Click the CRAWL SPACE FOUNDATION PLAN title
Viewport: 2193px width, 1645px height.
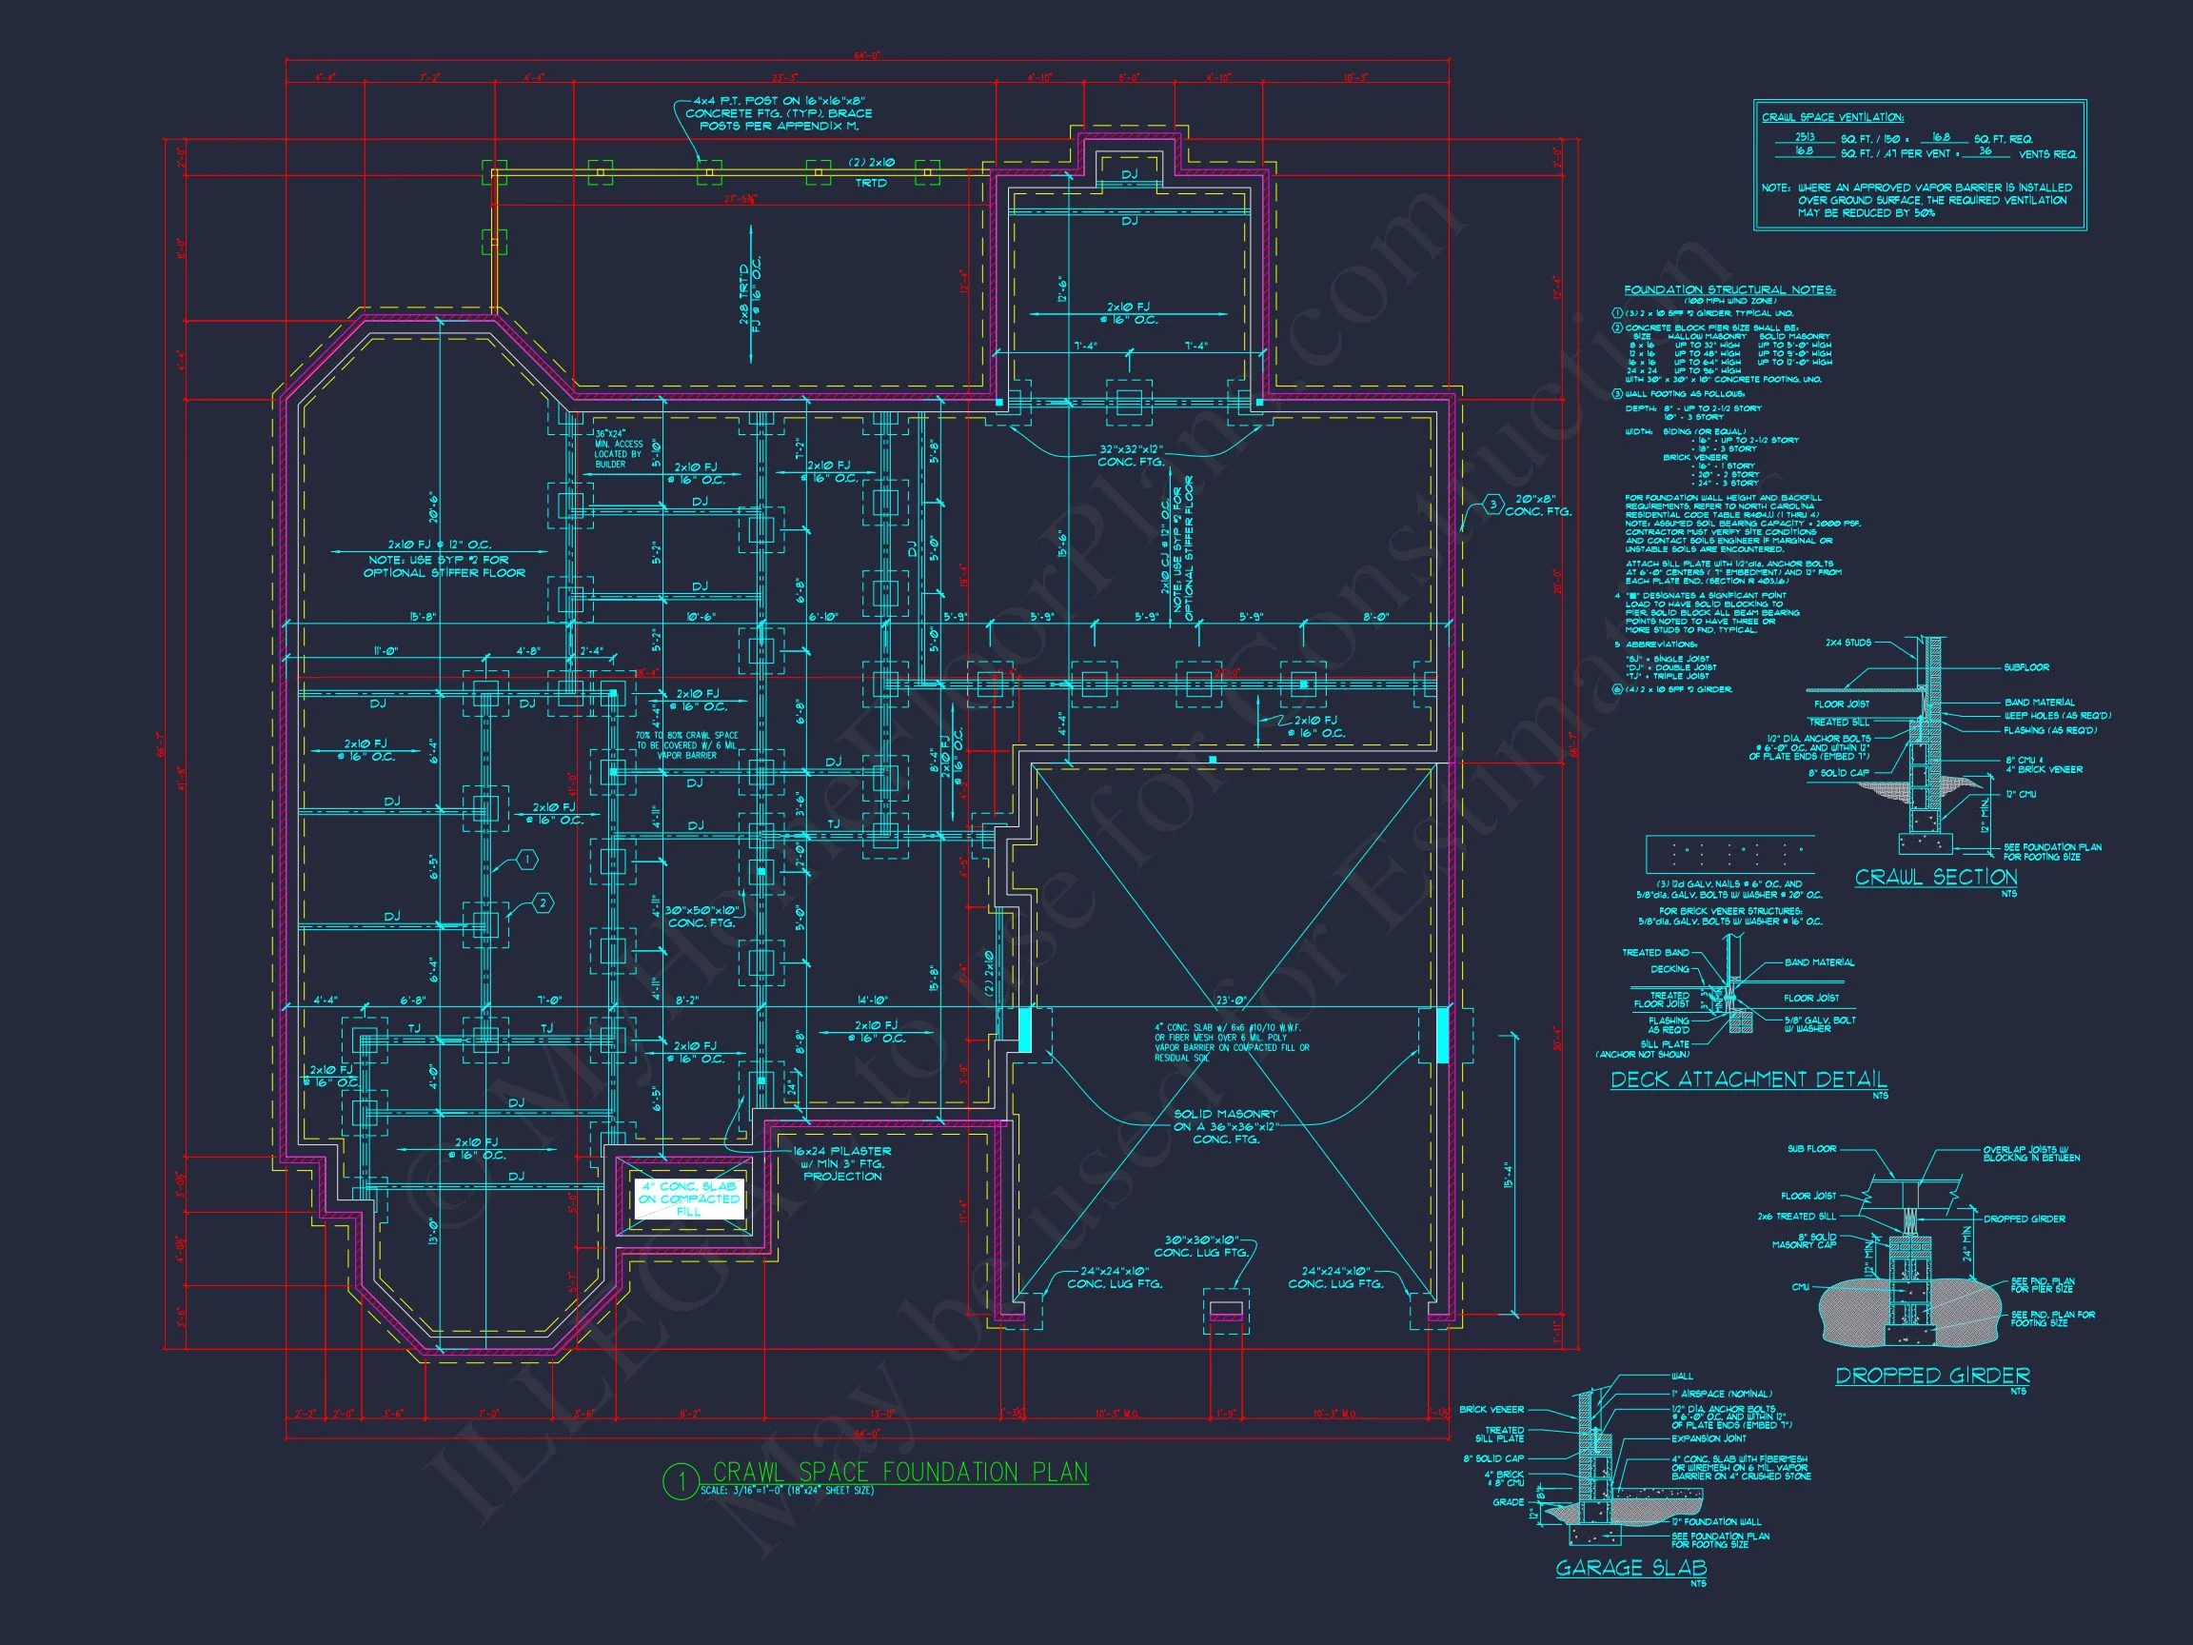coord(900,1473)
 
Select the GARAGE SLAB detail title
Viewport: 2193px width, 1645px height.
coord(1630,1568)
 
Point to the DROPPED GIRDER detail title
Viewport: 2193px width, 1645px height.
coord(1932,1376)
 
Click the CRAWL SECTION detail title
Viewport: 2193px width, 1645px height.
coord(1935,878)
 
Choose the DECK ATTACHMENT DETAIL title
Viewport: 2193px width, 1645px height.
coord(1748,1080)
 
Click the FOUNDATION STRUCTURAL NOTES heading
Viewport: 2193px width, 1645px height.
coord(1729,290)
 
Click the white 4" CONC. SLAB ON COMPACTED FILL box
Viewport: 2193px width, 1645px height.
coord(689,1199)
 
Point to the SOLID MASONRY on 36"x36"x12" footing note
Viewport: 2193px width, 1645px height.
coord(1225,1126)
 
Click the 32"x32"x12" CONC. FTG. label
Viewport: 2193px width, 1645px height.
coord(1130,456)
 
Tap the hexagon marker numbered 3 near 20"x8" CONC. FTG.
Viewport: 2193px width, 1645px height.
coord(1493,505)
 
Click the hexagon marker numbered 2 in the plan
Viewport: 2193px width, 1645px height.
coord(543,903)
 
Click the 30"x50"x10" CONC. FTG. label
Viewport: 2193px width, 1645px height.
coord(701,916)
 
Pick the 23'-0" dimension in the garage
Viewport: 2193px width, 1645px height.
coord(1231,1001)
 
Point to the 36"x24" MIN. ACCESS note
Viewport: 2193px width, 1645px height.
coord(619,449)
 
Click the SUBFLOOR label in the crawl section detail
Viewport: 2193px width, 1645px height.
coord(2025,667)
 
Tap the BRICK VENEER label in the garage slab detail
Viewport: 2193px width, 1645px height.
coord(1492,1409)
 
